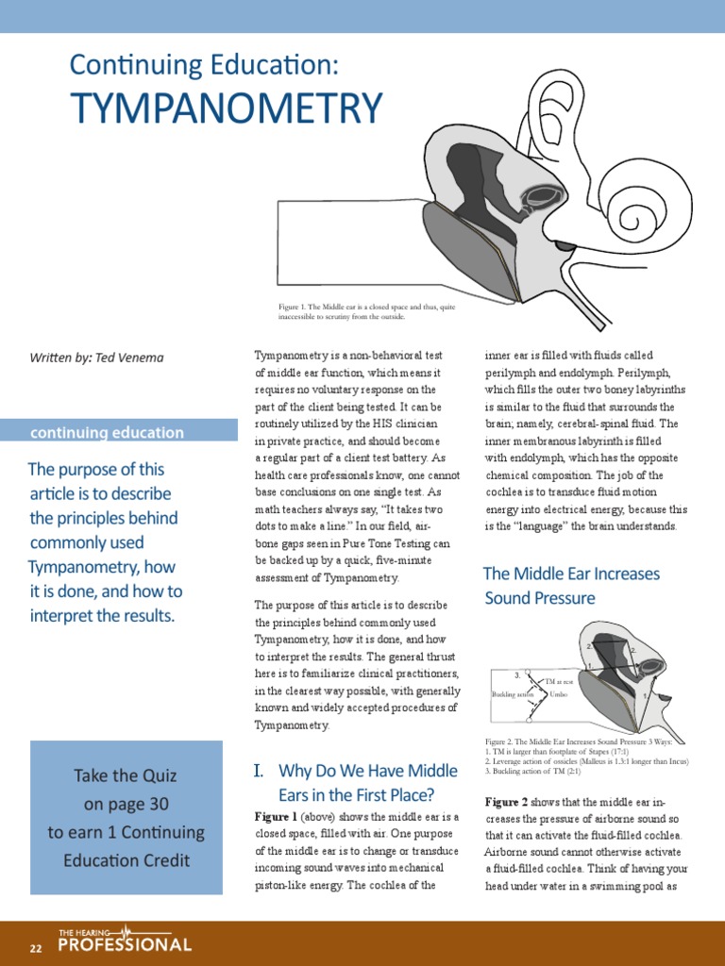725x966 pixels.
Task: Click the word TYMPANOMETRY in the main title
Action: (227, 108)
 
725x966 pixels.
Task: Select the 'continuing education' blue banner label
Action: (107, 432)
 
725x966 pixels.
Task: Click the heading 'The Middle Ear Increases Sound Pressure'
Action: (570, 586)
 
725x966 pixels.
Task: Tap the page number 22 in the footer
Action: (36, 948)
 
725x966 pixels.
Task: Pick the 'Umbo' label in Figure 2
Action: (559, 694)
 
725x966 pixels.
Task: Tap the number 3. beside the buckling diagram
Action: (517, 675)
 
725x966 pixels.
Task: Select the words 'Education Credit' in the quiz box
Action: (126, 859)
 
